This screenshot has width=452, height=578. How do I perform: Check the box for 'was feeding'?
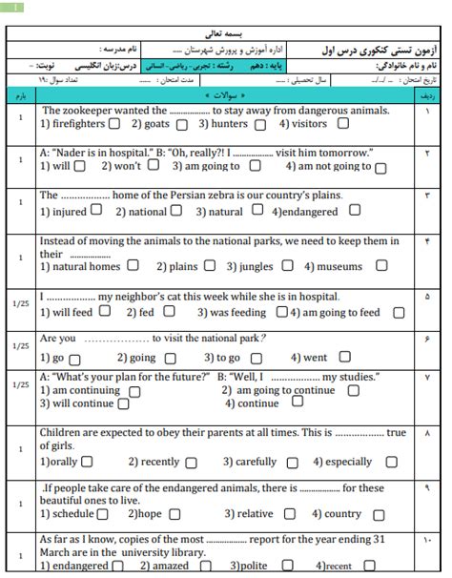[281, 312]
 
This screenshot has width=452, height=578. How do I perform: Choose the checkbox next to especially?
[382, 463]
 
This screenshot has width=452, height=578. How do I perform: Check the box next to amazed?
[198, 566]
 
